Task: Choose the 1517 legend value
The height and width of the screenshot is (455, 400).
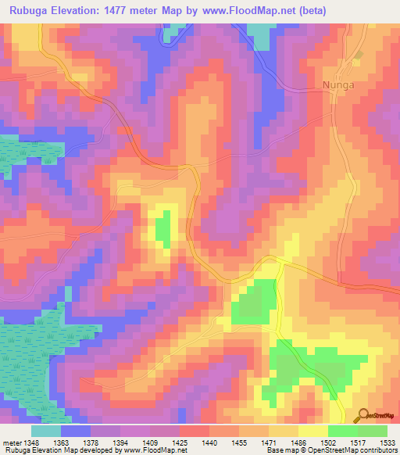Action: [357, 442]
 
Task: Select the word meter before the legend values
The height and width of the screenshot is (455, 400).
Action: [12, 442]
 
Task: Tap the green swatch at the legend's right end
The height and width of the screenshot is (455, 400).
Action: [372, 431]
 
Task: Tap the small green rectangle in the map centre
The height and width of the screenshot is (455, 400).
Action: [163, 229]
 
